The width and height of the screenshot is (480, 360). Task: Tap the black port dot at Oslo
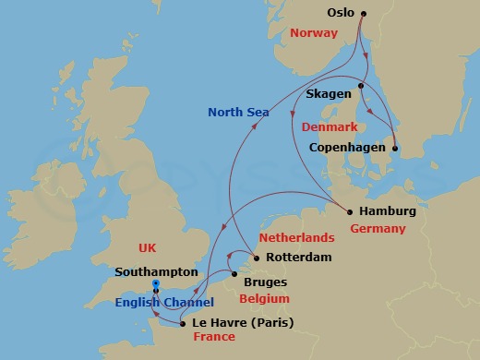coord(363,14)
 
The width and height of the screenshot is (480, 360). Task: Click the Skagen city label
coord(330,94)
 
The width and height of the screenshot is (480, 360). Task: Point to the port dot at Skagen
coord(361,87)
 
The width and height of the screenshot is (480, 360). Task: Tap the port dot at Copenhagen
coord(394,148)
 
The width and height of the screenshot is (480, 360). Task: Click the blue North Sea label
coord(238,113)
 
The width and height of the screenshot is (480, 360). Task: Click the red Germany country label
coord(379,228)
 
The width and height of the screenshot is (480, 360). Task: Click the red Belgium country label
coord(264,299)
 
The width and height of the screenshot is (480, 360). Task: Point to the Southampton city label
coord(157,272)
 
